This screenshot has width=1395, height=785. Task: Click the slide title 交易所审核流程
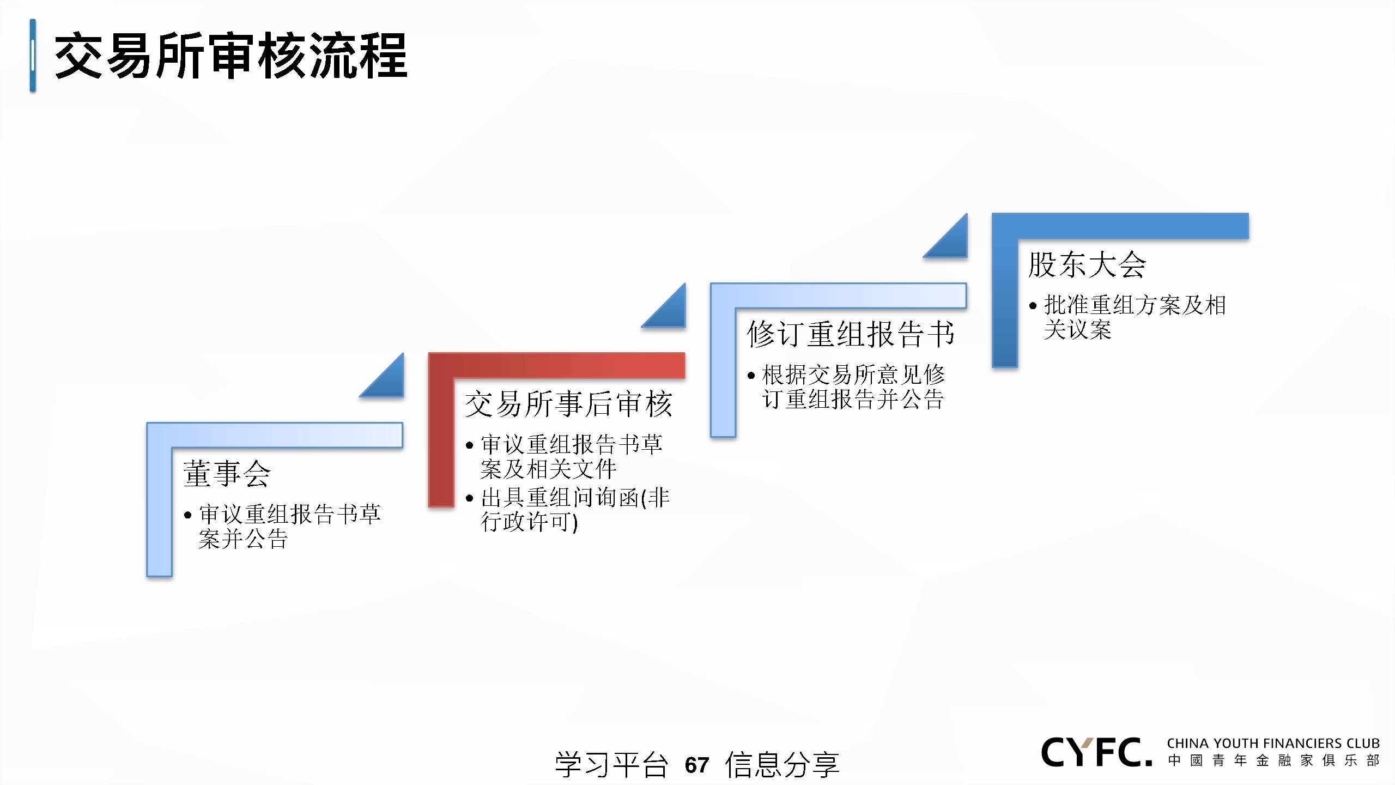[231, 56]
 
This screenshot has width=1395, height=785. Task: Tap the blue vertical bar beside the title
[33, 56]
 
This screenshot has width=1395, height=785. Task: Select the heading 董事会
[227, 473]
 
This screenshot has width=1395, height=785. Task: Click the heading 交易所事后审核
[569, 404]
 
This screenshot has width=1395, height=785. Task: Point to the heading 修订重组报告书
[851, 334]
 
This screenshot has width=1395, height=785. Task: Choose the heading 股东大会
[1087, 264]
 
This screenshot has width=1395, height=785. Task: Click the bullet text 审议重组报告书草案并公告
[289, 527]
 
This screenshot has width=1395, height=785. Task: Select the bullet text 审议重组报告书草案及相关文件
[572, 457]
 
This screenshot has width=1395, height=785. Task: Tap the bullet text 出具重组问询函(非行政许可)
[575, 510]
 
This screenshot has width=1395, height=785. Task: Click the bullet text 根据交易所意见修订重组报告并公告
[853, 387]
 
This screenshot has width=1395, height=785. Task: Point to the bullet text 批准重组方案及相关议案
[1135, 317]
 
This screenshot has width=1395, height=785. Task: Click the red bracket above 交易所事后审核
[556, 365]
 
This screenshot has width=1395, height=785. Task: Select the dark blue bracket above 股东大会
[1120, 226]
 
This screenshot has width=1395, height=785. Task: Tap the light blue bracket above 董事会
[275, 435]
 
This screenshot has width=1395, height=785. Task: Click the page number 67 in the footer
[697, 765]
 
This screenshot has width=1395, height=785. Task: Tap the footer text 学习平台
[611, 764]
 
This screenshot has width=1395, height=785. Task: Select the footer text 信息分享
[782, 764]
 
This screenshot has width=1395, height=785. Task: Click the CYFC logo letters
[1096, 752]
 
